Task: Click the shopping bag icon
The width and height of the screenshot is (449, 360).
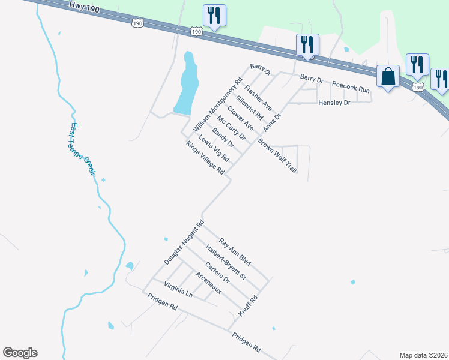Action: pos(388,77)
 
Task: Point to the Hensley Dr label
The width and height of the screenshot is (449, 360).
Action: pos(334,103)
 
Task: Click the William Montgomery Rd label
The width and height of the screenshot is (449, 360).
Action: pos(217,106)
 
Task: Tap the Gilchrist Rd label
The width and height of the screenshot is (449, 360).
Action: pos(249,107)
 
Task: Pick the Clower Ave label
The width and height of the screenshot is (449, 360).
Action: pos(240,117)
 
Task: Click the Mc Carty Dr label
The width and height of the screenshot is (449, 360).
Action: pos(232,127)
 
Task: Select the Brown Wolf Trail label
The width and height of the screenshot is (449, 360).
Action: pos(277,156)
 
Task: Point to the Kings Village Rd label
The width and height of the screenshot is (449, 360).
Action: pos(205,158)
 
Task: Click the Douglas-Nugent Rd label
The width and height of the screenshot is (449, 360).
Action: pos(184,242)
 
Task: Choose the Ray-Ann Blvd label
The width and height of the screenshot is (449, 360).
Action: pos(235,253)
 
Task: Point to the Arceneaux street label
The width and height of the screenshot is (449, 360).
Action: pos(209,283)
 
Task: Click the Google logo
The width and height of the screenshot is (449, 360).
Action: pos(20,353)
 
